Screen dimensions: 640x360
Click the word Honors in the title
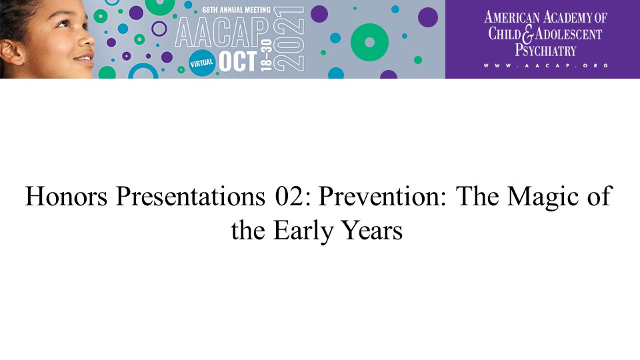coord(66,196)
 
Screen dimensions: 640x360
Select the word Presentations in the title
coord(191,196)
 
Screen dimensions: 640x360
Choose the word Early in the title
coord(303,231)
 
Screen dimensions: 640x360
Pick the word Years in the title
coord(372,230)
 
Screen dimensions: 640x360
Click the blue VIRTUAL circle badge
coord(201,63)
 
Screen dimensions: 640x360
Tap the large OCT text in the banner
coord(238,61)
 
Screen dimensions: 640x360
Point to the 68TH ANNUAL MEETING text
coord(236,9)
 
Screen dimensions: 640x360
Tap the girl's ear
coord(11,52)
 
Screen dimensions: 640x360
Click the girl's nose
coord(87,40)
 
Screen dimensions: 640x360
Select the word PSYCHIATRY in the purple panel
coord(545,51)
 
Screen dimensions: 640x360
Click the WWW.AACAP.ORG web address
coord(546,65)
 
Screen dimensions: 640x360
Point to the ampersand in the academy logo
coord(528,34)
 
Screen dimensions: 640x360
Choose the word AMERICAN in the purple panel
coord(512,17)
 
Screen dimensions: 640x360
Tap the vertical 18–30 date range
coord(266,55)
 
